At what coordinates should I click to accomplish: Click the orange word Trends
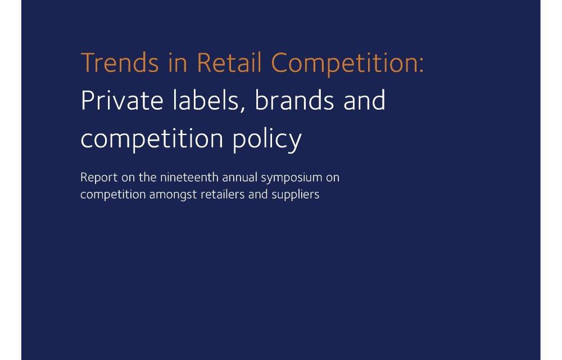120,63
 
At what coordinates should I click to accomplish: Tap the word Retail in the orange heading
229,63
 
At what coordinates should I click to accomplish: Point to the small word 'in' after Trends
178,63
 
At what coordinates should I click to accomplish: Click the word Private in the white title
122,100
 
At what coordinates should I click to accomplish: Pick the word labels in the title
205,100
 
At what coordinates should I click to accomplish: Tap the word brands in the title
294,100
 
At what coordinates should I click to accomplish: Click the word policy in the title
267,139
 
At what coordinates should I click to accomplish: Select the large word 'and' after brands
364,100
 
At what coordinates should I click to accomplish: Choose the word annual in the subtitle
240,177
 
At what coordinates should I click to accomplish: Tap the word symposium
291,178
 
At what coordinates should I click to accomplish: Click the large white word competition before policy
152,139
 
